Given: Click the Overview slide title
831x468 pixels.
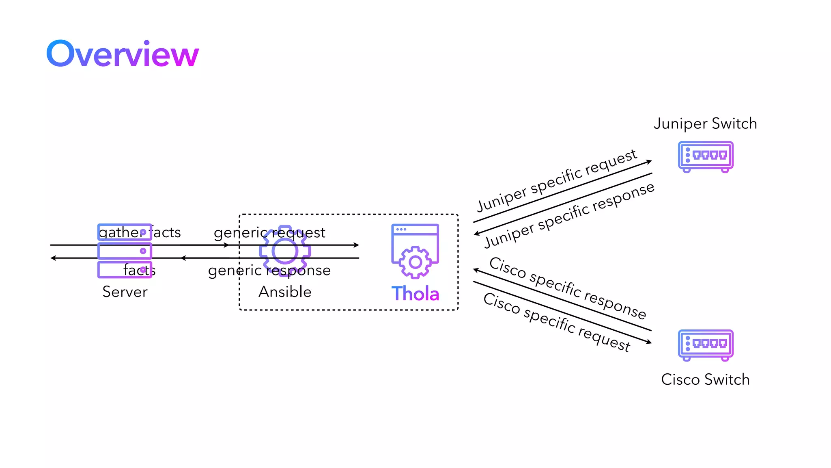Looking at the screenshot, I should [123, 54].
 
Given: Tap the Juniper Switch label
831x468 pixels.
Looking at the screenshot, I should [705, 123].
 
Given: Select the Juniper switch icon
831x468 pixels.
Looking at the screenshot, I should [706, 156].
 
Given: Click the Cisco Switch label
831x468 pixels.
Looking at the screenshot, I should [705, 379].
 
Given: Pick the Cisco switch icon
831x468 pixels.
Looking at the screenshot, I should [706, 344].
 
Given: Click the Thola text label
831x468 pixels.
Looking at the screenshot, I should [415, 293].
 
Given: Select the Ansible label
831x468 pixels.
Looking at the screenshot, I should [285, 292].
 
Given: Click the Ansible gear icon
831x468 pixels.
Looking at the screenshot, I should [285, 251].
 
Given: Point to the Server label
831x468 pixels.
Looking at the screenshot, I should [125, 292].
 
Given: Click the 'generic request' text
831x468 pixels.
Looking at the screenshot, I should [269, 232].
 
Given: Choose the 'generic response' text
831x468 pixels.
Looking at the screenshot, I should [269, 270].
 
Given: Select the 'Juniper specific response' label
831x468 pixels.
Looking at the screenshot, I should [569, 214].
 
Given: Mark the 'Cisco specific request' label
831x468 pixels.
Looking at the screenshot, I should [557, 322].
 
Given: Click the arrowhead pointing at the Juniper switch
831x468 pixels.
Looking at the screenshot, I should [649, 162].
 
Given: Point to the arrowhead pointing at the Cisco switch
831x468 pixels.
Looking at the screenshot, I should [649, 342].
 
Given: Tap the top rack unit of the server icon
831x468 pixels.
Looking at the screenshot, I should [125, 232].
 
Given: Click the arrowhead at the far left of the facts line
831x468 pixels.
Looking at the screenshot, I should [53, 258].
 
